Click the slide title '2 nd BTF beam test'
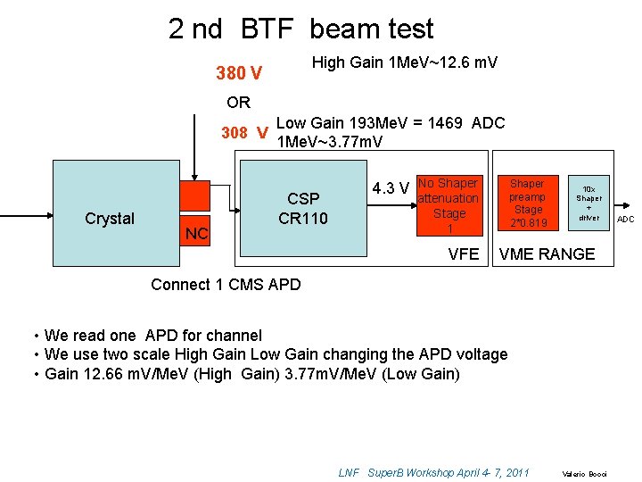tap(301, 29)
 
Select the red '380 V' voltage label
tap(239, 72)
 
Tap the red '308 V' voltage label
tap(244, 133)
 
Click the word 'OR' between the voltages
tap(238, 102)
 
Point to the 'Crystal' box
tap(110, 218)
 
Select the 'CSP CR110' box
tap(303, 209)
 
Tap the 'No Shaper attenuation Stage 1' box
tap(449, 206)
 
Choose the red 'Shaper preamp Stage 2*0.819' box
tap(528, 203)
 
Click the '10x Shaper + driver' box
tap(588, 203)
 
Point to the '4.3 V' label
tap(391, 188)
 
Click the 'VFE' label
tap(464, 254)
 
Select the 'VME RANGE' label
tap(547, 254)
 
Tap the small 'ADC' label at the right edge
tap(626, 220)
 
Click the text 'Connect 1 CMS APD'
tap(226, 285)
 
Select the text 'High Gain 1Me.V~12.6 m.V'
tap(404, 62)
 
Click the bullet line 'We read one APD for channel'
tap(153, 336)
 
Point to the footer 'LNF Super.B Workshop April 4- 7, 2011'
tap(434, 472)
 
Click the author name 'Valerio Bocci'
tap(583, 473)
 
